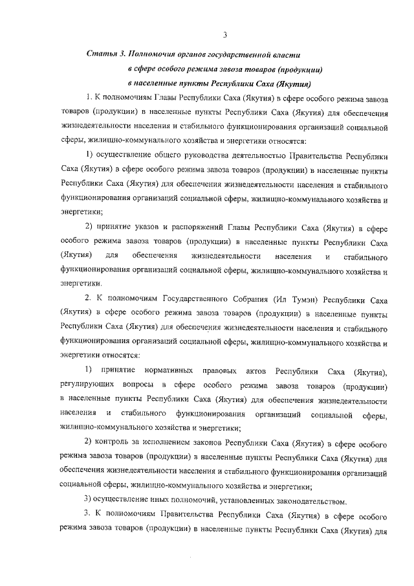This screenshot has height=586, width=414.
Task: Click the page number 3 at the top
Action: coord(224,34)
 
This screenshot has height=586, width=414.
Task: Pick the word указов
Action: coord(148,229)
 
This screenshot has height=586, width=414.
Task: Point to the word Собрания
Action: coord(263,300)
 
